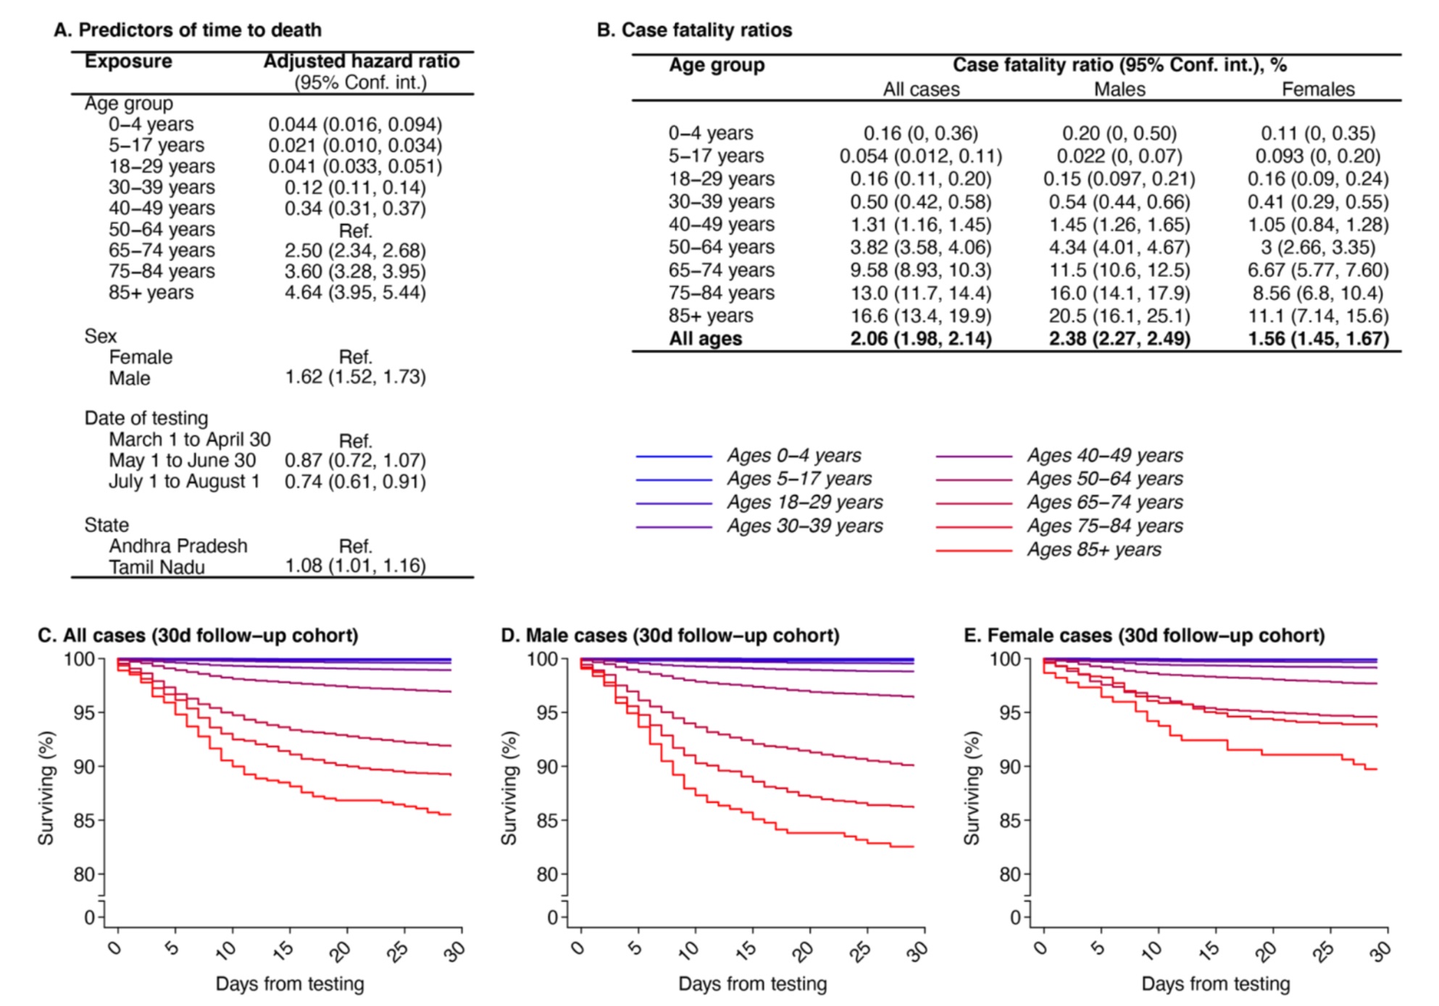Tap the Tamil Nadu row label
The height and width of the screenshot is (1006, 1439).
157,567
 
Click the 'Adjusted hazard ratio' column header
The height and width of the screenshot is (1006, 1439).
361,61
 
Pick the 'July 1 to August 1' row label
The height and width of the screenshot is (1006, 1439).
184,481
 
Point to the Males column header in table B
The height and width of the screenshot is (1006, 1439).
1119,89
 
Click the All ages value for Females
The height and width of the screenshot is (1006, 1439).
1318,338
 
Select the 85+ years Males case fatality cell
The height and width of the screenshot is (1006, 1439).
1119,316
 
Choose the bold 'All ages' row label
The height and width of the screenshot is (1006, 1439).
705,338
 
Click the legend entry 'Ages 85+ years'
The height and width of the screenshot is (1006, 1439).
1093,549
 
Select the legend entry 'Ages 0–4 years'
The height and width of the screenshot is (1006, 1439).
793,455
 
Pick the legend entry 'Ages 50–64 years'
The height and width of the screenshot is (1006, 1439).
1104,478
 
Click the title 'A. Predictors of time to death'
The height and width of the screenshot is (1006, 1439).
188,30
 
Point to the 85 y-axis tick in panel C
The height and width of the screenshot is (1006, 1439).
84,820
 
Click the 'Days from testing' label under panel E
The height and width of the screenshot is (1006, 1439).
1215,984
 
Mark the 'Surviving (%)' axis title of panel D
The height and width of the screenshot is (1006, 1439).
509,788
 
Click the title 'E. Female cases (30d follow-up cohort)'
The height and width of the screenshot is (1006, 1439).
1143,636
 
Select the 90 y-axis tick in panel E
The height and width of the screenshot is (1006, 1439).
1010,767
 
